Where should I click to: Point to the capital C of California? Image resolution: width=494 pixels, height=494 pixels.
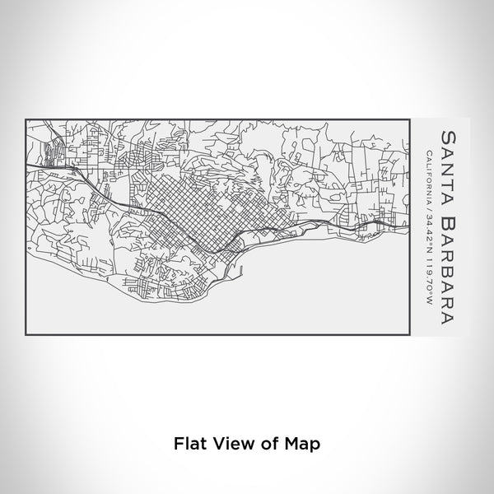tap(430, 155)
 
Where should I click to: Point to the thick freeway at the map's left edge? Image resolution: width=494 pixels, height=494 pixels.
tap(37, 165)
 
